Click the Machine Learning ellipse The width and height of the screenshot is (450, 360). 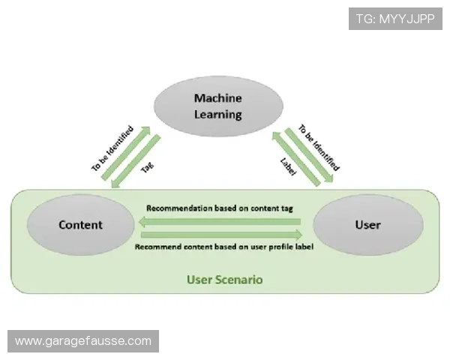(217, 106)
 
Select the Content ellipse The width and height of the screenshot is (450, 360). (81, 225)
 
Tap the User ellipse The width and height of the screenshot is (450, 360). (367, 225)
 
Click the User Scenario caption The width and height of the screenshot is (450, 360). (225, 280)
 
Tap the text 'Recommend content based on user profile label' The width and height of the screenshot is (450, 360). (223, 246)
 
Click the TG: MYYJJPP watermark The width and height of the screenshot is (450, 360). (395, 18)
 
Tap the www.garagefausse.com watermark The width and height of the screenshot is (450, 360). (83, 341)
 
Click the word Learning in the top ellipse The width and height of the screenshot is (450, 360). (217, 115)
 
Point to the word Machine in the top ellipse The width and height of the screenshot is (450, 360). (217, 98)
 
